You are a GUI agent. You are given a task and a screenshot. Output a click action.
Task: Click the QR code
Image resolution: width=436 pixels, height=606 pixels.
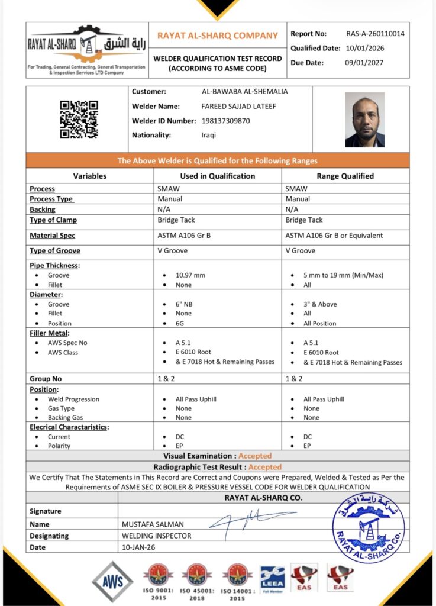(x=79, y=120)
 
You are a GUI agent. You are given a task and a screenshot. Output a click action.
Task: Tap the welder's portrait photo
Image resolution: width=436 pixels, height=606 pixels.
(x=365, y=120)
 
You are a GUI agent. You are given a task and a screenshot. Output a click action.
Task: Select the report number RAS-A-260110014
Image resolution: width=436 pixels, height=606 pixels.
(x=375, y=34)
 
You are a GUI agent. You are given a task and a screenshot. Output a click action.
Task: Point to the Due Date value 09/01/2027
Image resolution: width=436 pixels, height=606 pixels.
(x=364, y=62)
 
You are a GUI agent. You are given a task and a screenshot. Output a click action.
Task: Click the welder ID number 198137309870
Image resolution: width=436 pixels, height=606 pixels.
(x=226, y=121)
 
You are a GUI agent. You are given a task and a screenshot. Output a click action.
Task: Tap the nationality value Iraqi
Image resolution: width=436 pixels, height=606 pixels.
(x=209, y=135)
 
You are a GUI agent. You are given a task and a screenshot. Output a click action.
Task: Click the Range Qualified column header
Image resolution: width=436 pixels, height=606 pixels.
(x=345, y=176)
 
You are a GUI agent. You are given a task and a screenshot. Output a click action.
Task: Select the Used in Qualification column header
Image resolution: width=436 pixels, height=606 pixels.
(x=217, y=176)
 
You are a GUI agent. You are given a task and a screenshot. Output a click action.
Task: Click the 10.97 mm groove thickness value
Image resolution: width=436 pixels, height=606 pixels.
(x=191, y=275)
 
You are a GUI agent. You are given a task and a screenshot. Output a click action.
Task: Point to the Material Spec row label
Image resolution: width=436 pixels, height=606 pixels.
(x=53, y=236)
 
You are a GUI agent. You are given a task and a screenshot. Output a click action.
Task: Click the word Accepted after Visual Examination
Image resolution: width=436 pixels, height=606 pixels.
(x=256, y=456)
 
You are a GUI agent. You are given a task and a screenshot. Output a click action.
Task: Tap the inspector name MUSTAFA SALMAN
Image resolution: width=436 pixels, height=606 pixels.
(x=153, y=524)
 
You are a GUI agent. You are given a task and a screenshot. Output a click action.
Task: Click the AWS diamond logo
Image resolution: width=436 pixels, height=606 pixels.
(x=112, y=581)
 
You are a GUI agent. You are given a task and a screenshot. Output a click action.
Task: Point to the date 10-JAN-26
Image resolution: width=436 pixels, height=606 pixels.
(x=140, y=547)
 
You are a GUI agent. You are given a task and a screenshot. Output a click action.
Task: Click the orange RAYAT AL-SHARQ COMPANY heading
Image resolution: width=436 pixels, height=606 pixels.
(x=217, y=36)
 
